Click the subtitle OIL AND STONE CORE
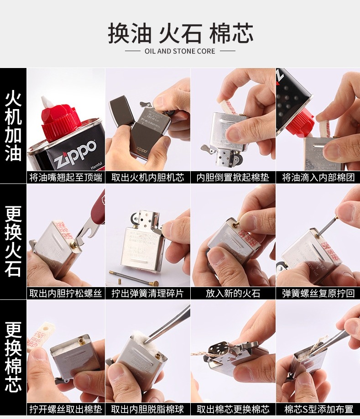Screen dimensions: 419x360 180,51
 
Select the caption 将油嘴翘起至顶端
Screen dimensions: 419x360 66,177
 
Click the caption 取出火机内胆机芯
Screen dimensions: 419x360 147,177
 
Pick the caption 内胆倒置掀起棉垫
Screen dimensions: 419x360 233,177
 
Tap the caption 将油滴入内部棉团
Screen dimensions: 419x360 318,177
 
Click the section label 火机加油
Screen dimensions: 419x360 13,126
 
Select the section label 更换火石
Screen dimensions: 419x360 13,241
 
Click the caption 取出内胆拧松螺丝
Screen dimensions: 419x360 66,293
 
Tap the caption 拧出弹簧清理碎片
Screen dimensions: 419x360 147,293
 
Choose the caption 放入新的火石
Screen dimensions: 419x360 233,293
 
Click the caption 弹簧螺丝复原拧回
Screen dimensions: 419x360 318,293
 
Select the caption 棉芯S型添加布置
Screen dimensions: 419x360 318,409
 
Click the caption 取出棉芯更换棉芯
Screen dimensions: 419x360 233,409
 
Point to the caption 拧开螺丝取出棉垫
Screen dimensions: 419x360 66,409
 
